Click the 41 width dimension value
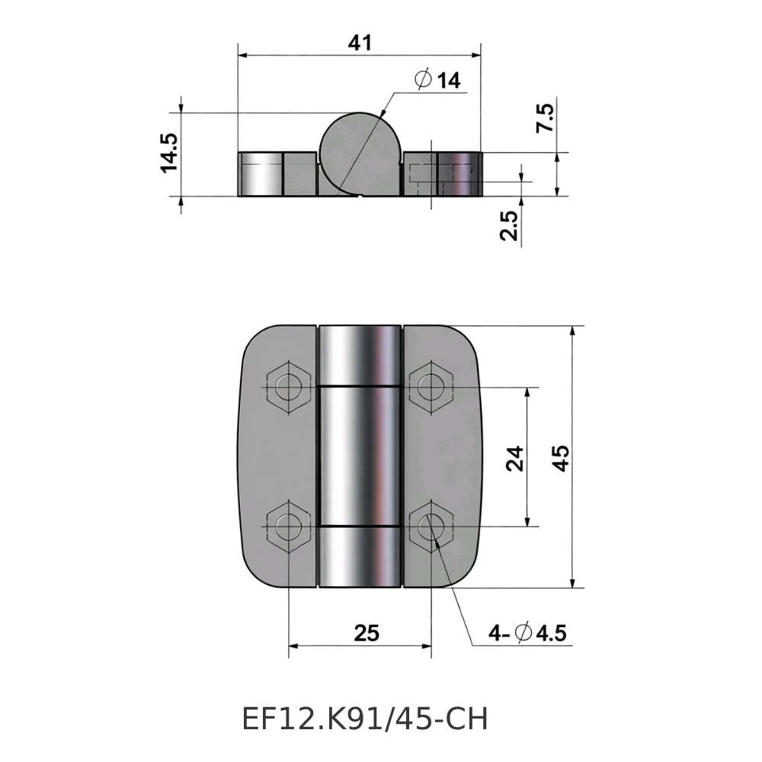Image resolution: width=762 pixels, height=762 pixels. coord(360,43)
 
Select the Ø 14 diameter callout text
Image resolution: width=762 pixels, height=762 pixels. coord(438,80)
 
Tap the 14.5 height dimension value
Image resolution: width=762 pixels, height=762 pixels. coord(168,152)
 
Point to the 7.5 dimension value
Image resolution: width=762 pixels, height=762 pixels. coord(546,120)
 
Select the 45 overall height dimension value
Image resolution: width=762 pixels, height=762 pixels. coord(561,458)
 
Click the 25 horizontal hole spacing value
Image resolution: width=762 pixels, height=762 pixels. coord(366,632)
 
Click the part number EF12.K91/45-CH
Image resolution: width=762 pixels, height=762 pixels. coord(364,719)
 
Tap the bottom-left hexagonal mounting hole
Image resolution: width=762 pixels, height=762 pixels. coord(289,526)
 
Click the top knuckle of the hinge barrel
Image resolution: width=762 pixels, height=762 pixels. coord(360,354)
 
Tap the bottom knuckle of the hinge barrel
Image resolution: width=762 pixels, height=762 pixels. coord(360,557)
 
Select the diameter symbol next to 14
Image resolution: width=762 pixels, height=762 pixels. coord(424,80)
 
